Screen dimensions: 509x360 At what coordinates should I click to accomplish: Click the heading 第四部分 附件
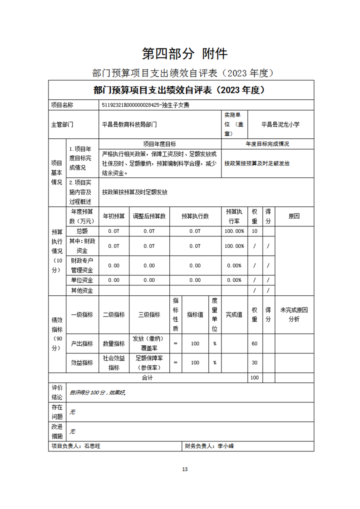[184, 54]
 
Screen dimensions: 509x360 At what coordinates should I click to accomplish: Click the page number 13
[184, 469]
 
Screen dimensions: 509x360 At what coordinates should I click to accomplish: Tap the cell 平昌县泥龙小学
[281, 123]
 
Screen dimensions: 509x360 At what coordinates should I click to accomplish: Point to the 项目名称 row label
[62, 105]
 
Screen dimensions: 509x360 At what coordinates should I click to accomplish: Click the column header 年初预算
[113, 216]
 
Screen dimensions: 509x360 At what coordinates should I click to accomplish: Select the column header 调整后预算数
[149, 216]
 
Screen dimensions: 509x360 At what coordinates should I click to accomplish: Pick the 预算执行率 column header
[235, 216]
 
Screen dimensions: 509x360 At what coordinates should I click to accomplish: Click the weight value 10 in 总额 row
[254, 231]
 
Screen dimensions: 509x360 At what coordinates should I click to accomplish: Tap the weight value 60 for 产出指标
[254, 344]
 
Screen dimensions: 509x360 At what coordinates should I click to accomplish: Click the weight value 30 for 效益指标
[254, 362]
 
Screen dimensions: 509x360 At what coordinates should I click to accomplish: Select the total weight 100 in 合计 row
[254, 377]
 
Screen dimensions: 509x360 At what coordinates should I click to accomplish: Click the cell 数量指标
[113, 344]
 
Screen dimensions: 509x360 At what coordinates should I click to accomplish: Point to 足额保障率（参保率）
[149, 362]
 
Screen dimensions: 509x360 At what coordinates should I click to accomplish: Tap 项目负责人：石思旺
[74, 446]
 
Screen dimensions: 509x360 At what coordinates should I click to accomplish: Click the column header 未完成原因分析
[294, 315]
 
